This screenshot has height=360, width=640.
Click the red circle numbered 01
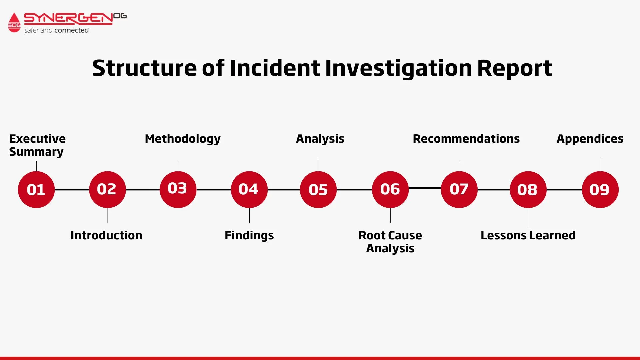[36, 190]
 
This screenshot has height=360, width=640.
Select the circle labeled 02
[107, 190]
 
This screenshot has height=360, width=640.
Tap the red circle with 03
[178, 190]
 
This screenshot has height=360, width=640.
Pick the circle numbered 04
[249, 190]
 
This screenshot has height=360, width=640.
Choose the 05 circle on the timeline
[318, 190]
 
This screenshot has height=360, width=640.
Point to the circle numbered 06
[390, 190]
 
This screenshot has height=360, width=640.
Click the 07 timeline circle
[459, 190]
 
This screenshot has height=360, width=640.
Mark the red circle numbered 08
[528, 190]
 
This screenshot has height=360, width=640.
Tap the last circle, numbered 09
[600, 190]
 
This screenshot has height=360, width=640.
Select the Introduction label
[106, 235]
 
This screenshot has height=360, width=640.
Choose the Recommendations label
[466, 139]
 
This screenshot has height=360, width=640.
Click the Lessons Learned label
[528, 235]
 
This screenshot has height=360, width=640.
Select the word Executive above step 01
[37, 139]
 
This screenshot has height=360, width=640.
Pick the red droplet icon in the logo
[14, 22]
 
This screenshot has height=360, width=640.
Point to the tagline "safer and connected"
[56, 30]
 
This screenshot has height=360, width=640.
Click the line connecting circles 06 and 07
[425, 188]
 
